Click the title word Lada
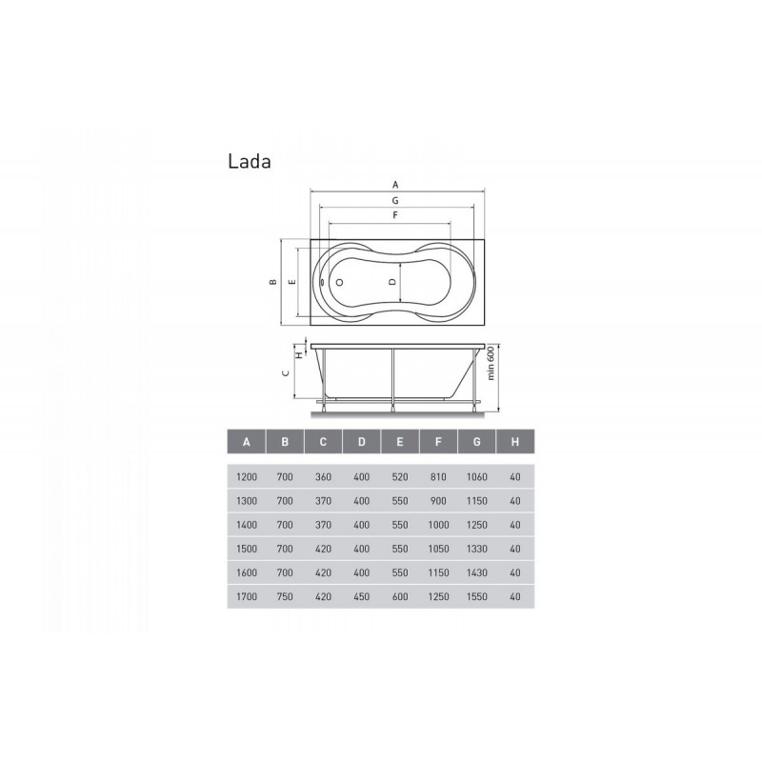(250, 161)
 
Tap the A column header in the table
(247, 442)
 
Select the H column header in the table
(515, 442)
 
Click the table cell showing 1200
(247, 477)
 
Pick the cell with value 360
(323, 477)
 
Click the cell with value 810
(438, 477)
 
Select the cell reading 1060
(477, 477)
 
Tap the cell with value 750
(285, 596)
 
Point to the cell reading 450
(362, 596)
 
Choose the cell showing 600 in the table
(400, 596)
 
